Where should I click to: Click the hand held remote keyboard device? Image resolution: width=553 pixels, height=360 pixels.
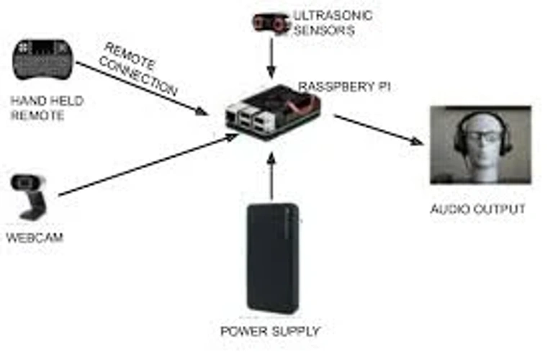click(43, 60)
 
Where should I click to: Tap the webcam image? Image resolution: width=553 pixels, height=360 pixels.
click(28, 197)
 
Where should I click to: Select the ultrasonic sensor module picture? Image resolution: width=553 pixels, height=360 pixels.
click(270, 23)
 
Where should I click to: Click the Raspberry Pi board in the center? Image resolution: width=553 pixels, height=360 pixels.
click(273, 112)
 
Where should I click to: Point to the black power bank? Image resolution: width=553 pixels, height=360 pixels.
click(273, 258)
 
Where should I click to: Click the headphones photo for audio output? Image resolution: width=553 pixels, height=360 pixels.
click(481, 145)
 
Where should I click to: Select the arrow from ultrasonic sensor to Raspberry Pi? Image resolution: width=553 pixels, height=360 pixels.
click(271, 58)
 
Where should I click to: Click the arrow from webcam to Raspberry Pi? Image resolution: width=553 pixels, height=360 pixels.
click(148, 165)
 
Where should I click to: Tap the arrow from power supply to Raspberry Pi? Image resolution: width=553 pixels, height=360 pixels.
click(271, 176)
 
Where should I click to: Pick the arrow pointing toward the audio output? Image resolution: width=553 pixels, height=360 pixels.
click(378, 130)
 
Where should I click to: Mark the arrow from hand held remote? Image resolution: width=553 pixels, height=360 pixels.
click(142, 89)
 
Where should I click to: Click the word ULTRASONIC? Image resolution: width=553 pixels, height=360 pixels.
click(333, 16)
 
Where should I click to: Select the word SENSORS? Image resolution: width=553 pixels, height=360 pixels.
click(324, 30)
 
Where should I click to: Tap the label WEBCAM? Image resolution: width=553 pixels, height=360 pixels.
click(35, 238)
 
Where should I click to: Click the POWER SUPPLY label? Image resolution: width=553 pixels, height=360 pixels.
click(270, 331)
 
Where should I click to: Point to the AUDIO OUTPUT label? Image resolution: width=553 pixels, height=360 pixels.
click(478, 209)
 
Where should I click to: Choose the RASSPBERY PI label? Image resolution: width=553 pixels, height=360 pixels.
click(345, 86)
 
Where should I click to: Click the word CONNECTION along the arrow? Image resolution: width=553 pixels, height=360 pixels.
click(138, 76)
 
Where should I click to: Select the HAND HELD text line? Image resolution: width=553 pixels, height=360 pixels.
click(47, 101)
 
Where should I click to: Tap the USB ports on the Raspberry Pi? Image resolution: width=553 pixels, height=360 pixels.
click(252, 118)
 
